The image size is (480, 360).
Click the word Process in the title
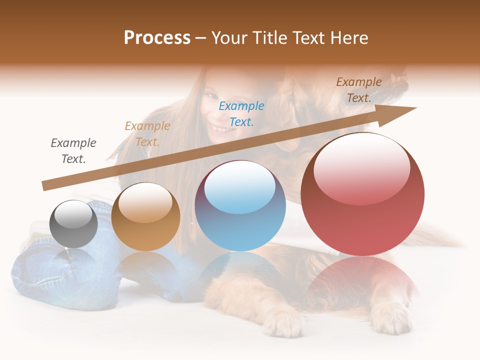[x=157, y=38]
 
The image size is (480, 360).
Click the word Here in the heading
[x=348, y=38]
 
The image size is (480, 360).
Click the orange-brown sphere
[x=145, y=217]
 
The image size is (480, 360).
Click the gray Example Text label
[x=73, y=151]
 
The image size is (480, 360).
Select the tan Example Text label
[x=147, y=134]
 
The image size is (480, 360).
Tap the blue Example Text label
[x=241, y=113]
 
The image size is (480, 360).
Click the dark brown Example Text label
[x=359, y=90]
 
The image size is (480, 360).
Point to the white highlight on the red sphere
[x=362, y=167]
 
